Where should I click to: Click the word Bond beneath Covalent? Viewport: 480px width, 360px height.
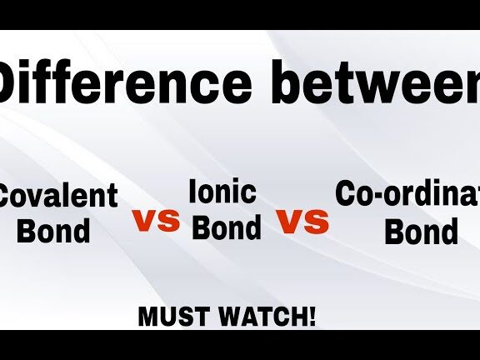(53, 230)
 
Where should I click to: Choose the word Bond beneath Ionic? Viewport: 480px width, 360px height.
(227, 227)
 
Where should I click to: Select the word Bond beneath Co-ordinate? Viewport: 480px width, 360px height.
(421, 230)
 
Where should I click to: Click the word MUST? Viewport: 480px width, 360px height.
(172, 317)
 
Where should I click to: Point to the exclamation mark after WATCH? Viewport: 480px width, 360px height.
(312, 317)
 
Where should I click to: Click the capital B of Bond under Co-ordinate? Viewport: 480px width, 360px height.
(394, 230)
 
